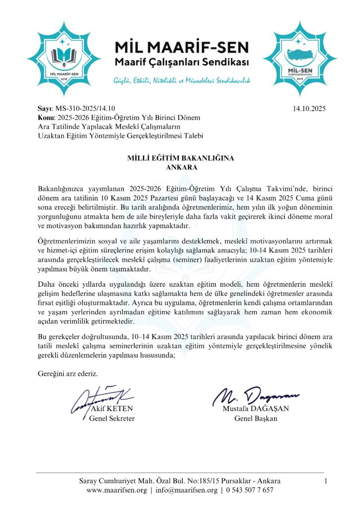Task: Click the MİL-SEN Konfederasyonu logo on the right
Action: tap(299, 55)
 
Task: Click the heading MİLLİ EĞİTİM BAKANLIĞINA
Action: tap(180, 158)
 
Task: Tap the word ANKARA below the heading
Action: tap(180, 167)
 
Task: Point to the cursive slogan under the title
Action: tap(181, 80)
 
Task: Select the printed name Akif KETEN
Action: tap(112, 410)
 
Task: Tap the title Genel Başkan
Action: tap(256, 419)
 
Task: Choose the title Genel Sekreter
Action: tap(112, 419)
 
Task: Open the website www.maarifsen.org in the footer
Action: tap(117, 490)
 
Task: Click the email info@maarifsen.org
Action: tap(186, 490)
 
